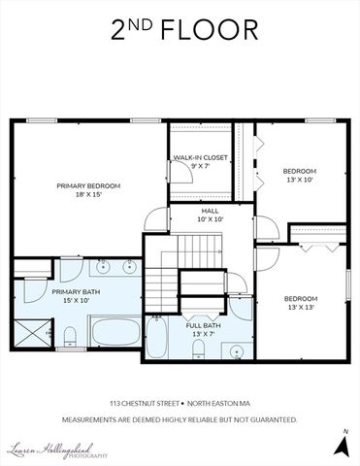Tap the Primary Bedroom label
tap(87, 185)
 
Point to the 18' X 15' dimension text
tap(87, 195)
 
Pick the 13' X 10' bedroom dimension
tap(300, 180)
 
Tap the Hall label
tap(211, 210)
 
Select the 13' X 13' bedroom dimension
tap(300, 308)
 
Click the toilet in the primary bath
tap(70, 336)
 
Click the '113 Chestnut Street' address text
tap(143, 401)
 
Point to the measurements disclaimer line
tap(180, 419)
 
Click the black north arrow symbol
tap(341, 445)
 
